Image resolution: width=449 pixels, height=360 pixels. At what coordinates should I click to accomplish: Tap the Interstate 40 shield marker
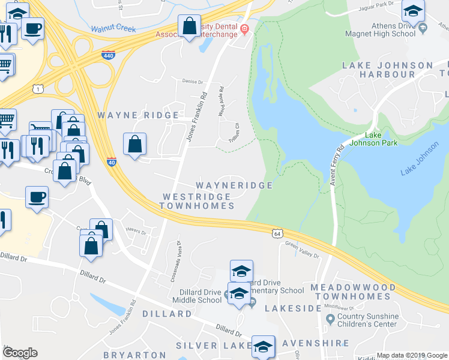pos(111,161)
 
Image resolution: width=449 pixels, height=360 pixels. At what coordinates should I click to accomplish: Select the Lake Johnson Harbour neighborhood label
pos(387,70)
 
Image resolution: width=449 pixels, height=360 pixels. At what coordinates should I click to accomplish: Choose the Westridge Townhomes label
pos(197,201)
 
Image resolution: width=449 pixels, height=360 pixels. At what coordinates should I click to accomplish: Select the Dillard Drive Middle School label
pos(196,296)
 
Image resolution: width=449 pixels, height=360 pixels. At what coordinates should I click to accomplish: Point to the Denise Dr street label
pos(193,82)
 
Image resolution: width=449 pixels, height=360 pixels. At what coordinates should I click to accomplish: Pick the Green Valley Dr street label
pos(303,250)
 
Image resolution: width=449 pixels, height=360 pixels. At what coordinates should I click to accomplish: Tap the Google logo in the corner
pos(20,353)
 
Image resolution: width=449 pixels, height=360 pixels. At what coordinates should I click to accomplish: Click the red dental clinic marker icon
pos(244,29)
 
